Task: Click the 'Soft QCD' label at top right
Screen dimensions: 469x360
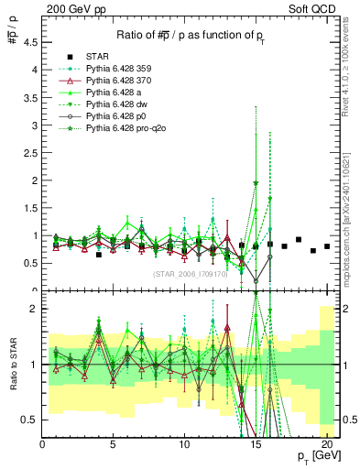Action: point(316,10)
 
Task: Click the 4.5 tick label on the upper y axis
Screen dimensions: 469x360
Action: point(30,42)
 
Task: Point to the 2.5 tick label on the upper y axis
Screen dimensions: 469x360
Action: point(30,153)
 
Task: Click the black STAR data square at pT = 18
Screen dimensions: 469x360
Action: point(299,240)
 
